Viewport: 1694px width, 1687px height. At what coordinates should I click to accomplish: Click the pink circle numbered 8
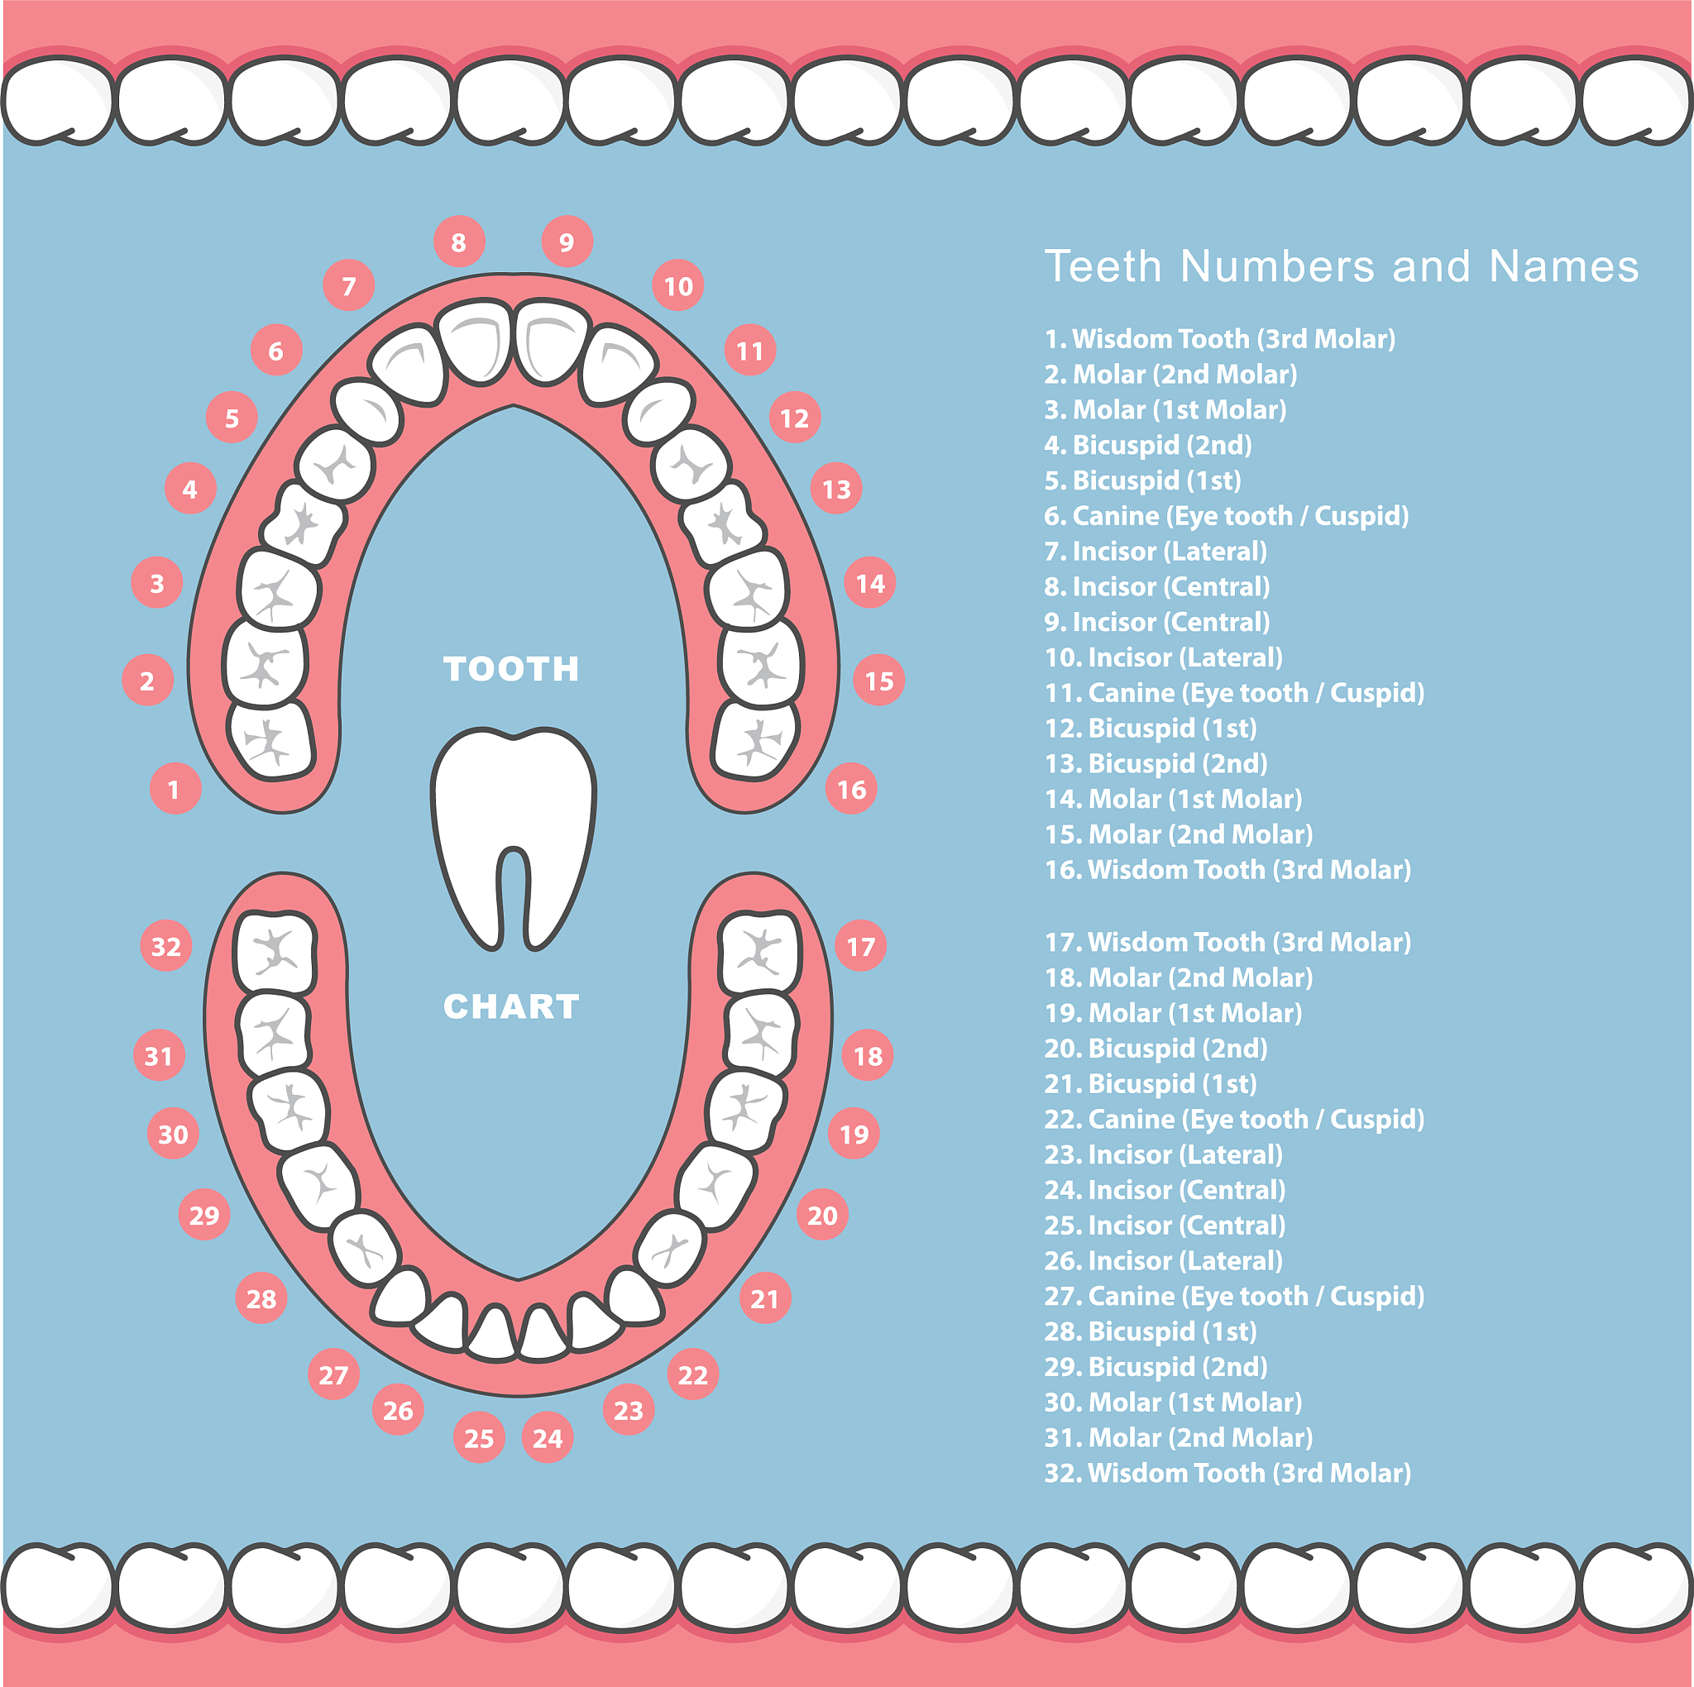[458, 242]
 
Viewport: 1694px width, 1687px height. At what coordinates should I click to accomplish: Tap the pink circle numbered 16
[851, 789]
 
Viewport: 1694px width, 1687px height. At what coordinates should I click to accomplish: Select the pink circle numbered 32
[165, 946]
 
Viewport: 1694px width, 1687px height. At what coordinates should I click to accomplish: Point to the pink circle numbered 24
[547, 1438]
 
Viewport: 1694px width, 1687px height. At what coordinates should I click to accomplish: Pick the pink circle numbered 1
[175, 789]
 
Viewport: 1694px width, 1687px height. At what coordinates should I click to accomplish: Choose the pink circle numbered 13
[836, 489]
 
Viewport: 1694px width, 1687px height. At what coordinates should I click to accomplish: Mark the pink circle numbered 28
[261, 1298]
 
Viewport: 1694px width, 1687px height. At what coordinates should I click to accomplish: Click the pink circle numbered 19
[854, 1134]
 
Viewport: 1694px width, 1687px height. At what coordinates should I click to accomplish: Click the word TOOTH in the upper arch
[511, 669]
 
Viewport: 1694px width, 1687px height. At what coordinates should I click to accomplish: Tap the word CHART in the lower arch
[511, 1006]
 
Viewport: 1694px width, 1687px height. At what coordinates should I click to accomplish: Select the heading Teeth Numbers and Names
[1341, 265]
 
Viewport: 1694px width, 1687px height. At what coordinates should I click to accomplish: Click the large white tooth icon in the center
[513, 838]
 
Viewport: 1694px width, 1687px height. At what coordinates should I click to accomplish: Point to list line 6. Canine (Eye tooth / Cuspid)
[1226, 515]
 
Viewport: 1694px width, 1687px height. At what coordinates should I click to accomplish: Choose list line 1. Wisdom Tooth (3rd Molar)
[1220, 338]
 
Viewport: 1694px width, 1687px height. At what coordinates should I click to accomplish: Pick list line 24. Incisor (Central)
[1165, 1190]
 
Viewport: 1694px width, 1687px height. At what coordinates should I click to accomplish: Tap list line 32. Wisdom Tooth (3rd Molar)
[1227, 1472]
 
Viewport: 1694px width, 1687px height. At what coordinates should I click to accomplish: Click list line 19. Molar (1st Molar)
[1173, 1013]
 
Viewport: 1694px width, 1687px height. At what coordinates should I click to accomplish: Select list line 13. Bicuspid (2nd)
[1156, 762]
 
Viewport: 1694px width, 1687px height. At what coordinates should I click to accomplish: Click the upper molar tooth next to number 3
[279, 590]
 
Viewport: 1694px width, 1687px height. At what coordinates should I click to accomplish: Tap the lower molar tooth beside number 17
[758, 952]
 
